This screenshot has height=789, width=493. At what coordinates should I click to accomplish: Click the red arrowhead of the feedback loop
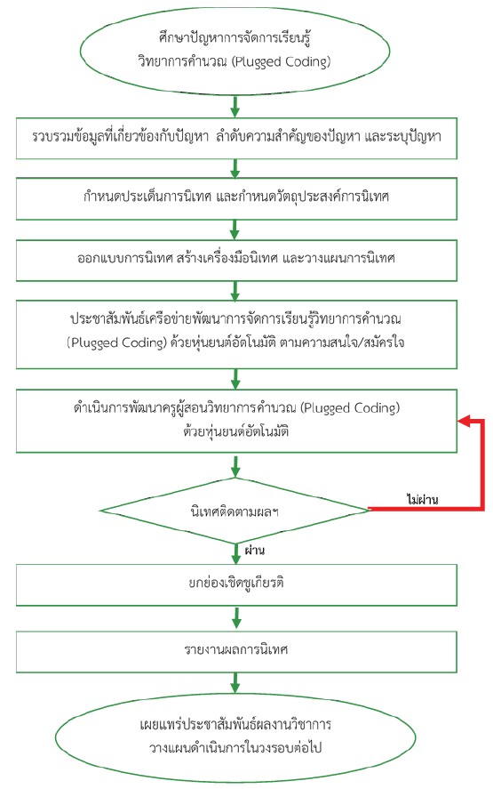pos(464,421)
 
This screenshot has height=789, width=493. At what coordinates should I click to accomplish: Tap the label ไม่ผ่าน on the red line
pos(422,500)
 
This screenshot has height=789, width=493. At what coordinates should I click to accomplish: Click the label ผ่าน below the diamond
pos(255,550)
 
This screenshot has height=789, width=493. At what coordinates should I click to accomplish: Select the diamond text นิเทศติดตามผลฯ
pos(235,512)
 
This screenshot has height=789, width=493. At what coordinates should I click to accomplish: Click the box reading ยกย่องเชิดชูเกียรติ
pos(236,584)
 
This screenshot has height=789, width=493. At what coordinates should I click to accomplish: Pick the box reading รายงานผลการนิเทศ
pos(236,652)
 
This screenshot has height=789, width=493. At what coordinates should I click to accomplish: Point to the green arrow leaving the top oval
pos(235,106)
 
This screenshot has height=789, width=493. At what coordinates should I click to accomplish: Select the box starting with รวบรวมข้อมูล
pos(236,139)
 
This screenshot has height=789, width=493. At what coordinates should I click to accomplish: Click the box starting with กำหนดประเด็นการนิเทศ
pos(236,198)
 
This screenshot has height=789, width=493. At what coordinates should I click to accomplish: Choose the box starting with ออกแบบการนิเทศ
pos(236,260)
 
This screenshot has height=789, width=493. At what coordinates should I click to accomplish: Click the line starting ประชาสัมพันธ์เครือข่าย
pos(235,318)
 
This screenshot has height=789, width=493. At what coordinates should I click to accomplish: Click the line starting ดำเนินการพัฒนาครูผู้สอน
pos(236,408)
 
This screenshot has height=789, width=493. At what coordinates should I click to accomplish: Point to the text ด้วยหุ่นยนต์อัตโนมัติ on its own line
pos(235,432)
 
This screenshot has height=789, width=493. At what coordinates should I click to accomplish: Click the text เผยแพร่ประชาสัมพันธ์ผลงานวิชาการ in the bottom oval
pos(235,725)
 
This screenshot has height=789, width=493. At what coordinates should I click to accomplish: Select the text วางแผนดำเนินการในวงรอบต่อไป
pos(235,748)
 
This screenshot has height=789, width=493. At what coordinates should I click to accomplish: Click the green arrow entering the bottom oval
pos(235,683)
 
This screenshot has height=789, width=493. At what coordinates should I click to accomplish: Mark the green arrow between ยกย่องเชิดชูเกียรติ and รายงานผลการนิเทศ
pos(235,618)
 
